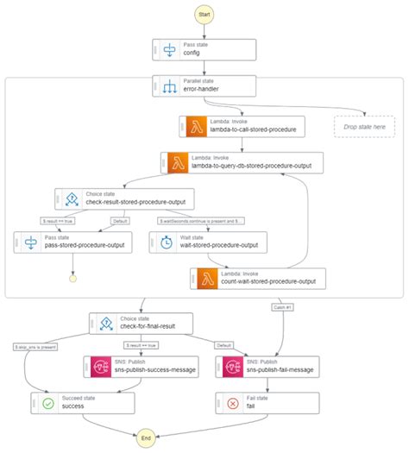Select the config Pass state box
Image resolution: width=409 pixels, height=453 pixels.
coord(204,48)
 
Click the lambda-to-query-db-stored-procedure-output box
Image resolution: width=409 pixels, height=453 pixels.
coord(235,162)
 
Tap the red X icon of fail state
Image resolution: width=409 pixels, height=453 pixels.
coord(231,402)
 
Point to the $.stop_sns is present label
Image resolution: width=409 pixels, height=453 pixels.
coord(36,347)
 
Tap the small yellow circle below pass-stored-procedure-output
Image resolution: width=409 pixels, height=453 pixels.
coord(72,280)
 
